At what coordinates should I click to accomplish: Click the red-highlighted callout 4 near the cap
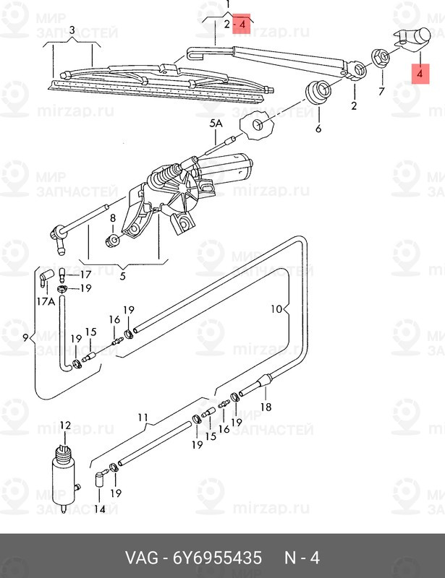click(x=419, y=74)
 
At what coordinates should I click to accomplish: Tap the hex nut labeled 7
click(x=380, y=58)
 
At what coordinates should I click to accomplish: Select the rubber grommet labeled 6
click(x=318, y=92)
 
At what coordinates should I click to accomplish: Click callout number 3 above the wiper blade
click(x=72, y=30)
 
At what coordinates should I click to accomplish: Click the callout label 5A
click(x=216, y=124)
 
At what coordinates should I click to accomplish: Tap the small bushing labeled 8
click(x=112, y=241)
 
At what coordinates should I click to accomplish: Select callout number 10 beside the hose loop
click(x=276, y=309)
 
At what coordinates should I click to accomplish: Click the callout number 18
click(x=266, y=407)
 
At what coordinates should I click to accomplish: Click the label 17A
click(x=46, y=301)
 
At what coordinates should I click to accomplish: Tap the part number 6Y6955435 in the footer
click(x=217, y=558)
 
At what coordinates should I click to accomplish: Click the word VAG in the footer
click(x=142, y=558)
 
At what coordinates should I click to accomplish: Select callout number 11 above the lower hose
click(x=143, y=418)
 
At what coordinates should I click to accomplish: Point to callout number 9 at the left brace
click(x=25, y=337)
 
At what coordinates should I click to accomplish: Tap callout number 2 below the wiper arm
click(x=354, y=105)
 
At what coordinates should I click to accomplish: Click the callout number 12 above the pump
click(x=65, y=426)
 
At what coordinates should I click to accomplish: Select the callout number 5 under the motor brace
click(x=123, y=275)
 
